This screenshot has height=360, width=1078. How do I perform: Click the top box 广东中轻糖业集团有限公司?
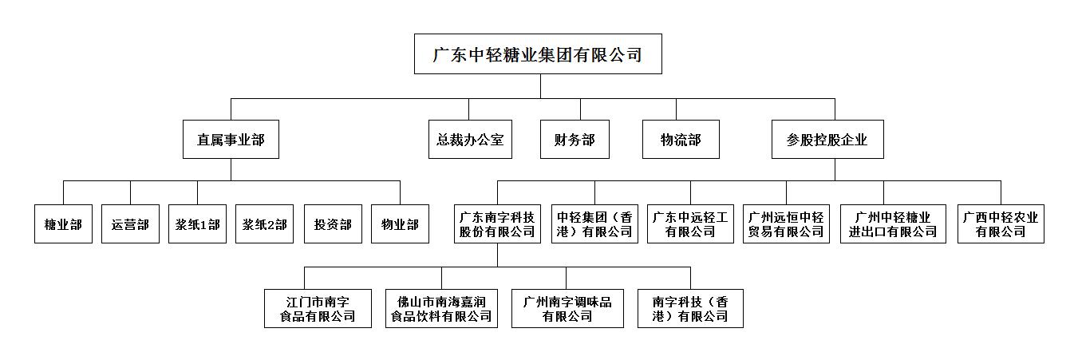click(538, 54)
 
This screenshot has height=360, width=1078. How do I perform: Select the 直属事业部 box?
click(231, 140)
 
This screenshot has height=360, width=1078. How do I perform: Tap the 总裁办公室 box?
click(470, 140)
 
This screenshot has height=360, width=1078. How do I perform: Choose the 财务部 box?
click(575, 140)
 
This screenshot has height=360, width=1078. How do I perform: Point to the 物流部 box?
click(681, 140)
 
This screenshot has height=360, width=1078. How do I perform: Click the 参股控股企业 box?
click(827, 140)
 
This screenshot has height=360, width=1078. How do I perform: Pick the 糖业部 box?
click(64, 224)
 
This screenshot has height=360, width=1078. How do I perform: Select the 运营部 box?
click(130, 224)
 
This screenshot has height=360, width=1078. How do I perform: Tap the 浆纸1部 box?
click(197, 224)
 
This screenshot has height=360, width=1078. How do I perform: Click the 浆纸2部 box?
click(264, 224)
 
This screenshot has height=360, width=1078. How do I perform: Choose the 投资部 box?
click(333, 224)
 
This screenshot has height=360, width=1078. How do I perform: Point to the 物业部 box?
click(400, 224)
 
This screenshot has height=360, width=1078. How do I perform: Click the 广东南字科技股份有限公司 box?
click(498, 224)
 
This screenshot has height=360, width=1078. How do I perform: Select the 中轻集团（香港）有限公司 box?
click(594, 224)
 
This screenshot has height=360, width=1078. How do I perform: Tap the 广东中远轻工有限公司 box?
click(690, 224)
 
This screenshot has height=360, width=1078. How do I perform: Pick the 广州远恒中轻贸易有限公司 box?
click(787, 224)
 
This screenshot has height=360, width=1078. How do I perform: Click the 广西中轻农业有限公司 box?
click(1001, 224)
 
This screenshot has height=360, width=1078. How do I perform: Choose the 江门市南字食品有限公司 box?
click(318, 308)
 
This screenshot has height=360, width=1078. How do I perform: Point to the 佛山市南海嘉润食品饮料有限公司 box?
click(442, 308)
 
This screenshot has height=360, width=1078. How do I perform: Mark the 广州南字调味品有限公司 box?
click(568, 308)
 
